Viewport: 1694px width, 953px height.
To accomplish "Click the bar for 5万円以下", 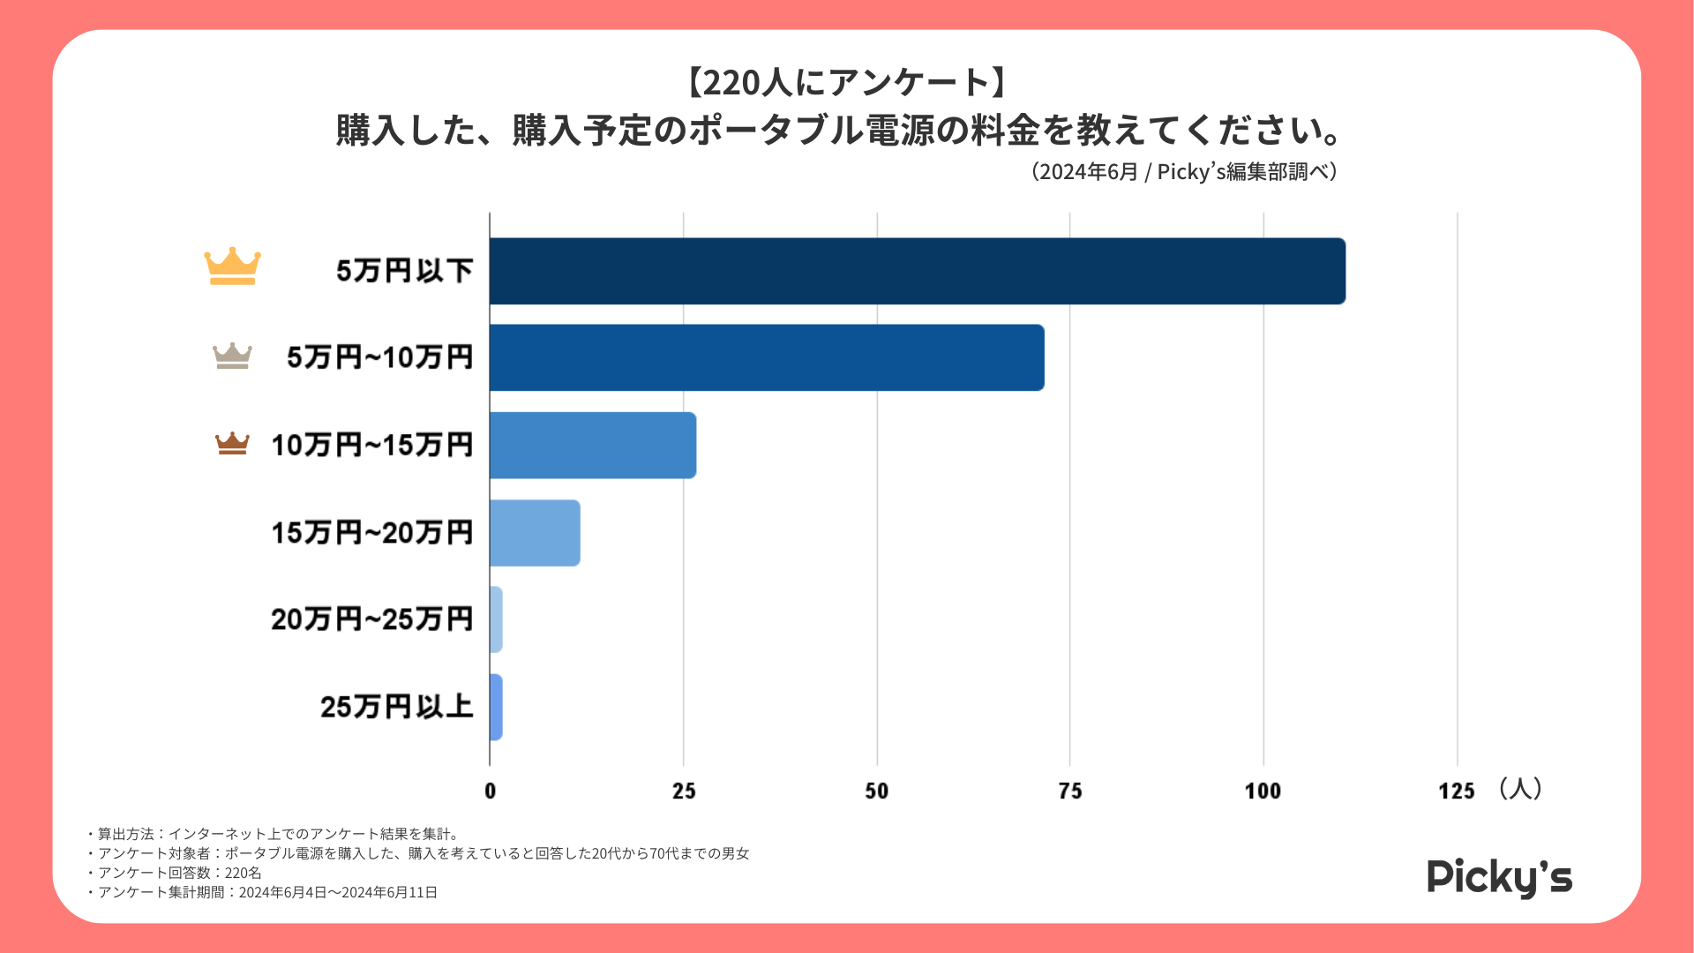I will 918,271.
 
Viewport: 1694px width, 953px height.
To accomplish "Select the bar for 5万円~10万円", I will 767,357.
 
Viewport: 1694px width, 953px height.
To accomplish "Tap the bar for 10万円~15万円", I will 593,445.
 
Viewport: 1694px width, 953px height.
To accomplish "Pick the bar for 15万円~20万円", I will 535,532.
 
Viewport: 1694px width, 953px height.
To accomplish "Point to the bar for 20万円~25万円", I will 496,619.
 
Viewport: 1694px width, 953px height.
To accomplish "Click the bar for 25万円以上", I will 496,707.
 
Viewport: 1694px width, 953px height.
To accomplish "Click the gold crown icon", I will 232,266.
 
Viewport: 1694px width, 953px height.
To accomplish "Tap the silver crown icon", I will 232,356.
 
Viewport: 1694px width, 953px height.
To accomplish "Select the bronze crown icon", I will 232,443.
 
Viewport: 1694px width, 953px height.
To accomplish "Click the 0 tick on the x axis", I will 491,791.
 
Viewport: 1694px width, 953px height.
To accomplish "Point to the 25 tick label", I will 684,791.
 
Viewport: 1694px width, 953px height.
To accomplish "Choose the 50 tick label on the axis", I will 877,791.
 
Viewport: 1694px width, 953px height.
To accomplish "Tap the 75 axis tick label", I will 1070,791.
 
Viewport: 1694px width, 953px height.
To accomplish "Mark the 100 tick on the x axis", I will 1263,791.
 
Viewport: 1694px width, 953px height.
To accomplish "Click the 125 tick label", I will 1456,791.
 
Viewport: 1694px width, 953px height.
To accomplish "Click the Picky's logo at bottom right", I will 1499,877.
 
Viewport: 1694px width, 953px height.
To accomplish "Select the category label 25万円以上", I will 396,707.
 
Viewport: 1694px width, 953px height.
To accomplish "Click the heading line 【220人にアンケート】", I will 846,83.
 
